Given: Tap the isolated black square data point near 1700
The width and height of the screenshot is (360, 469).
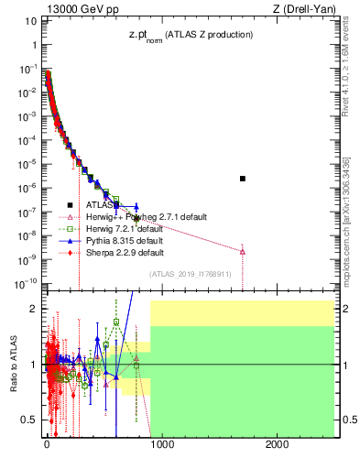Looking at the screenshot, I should [x=243, y=178].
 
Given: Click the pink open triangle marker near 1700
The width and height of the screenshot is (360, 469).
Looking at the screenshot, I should [x=243, y=251].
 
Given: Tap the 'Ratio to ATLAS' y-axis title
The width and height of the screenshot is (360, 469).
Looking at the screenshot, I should [x=15, y=364].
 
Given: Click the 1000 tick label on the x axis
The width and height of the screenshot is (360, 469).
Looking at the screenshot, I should [x=161, y=444].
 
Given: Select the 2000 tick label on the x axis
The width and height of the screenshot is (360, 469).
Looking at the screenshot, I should [x=278, y=444].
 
